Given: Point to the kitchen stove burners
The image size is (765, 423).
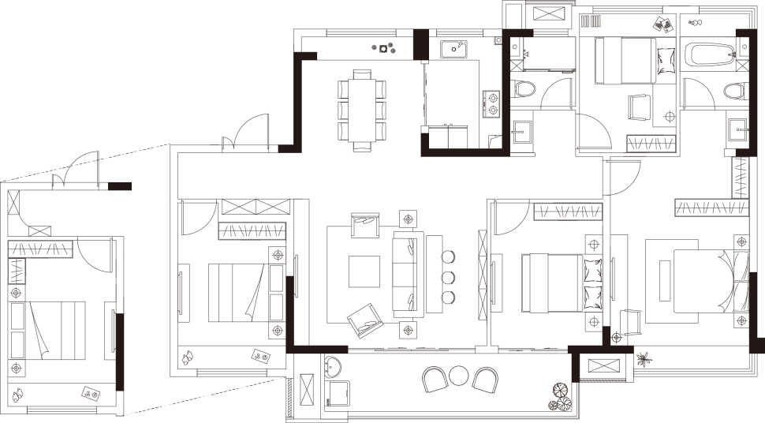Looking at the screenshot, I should [x=492, y=103].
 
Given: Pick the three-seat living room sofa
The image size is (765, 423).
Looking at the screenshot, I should [x=407, y=271].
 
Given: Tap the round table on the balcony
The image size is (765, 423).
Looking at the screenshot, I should [x=458, y=375].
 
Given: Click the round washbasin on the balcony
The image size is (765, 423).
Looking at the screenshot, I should [x=333, y=366].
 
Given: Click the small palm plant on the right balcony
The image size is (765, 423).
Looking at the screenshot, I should [x=645, y=357].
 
